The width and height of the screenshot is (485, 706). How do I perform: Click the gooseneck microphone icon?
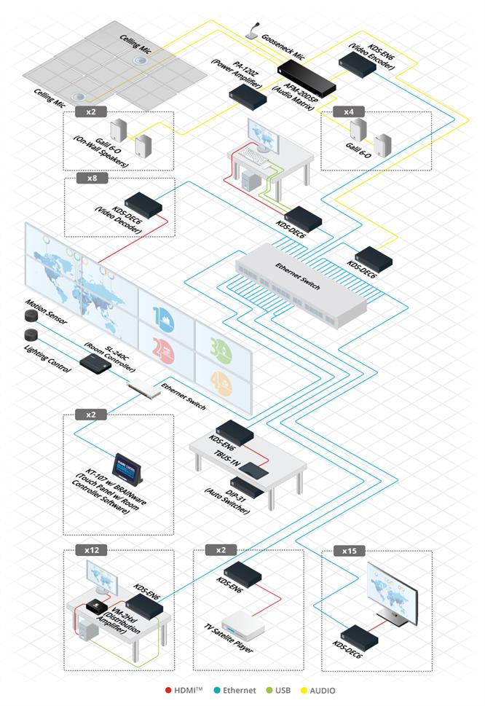[253, 31]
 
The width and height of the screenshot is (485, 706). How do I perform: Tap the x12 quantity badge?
[92, 550]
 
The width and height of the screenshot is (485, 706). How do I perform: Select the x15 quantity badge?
[349, 551]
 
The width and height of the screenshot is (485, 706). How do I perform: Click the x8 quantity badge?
[92, 178]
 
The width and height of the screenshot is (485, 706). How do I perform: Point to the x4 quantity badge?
[349, 111]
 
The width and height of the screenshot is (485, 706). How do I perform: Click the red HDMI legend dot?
[168, 690]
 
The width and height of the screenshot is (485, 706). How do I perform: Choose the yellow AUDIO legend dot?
[304, 690]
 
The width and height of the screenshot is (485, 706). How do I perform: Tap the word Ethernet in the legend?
[240, 690]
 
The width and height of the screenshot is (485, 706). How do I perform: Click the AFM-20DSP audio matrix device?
[307, 79]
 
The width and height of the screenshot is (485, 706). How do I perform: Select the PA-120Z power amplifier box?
[248, 97]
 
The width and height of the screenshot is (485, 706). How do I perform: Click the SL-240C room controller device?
[95, 363]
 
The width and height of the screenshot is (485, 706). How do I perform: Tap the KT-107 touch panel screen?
[127, 468]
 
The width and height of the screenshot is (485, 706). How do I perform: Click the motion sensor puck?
[31, 316]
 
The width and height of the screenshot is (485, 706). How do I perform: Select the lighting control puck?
[31, 335]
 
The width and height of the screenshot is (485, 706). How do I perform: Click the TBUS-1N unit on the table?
[253, 471]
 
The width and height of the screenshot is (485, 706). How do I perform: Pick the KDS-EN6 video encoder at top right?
[358, 65]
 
